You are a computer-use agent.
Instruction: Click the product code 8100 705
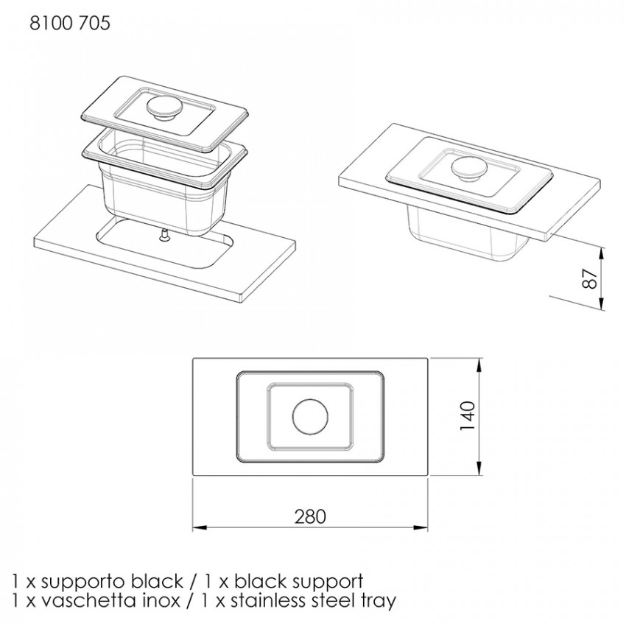point(70,23)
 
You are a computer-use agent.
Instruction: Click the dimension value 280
point(310,516)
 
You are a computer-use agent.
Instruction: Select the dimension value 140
point(468,416)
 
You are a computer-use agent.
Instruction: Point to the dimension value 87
point(590,278)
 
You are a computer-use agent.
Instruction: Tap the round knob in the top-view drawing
point(310,417)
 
